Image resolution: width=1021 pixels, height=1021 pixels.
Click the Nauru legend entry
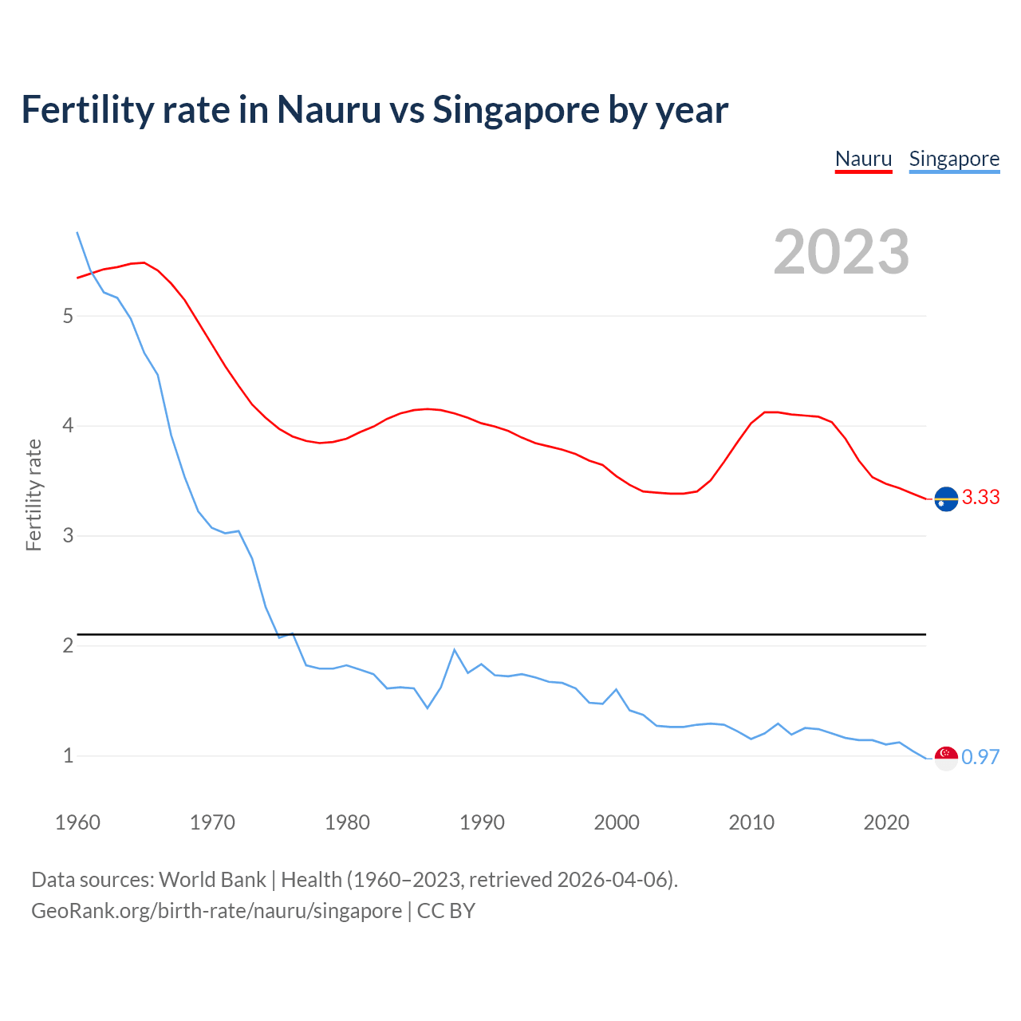[863, 159]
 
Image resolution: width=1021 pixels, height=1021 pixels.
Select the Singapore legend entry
[954, 159]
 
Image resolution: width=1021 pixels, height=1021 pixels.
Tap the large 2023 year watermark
[841, 252]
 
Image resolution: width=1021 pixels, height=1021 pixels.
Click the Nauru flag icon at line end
[946, 499]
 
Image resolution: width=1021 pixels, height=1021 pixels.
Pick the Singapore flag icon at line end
[946, 758]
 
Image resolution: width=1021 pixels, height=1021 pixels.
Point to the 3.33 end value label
[980, 497]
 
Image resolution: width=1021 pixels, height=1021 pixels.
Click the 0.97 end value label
[980, 757]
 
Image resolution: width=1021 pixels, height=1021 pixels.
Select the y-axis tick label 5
[68, 316]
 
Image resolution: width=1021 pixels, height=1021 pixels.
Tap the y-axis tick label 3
[68, 535]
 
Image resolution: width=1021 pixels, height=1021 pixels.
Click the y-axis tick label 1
[68, 755]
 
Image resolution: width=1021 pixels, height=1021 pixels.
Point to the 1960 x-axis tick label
[77, 822]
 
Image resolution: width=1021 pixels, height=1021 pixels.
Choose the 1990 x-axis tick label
[482, 822]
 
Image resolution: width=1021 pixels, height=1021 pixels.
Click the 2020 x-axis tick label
[886, 822]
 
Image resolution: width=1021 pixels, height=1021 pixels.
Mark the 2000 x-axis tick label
[617, 822]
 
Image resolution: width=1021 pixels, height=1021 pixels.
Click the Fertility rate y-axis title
[34, 495]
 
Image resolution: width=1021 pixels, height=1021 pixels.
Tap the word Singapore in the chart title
[515, 110]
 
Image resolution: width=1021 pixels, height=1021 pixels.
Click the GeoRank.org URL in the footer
[216, 911]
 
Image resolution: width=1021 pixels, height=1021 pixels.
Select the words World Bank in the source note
[212, 880]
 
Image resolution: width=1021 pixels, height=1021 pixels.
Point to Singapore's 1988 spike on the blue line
[455, 650]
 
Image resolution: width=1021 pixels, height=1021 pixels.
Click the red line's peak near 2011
[766, 412]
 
